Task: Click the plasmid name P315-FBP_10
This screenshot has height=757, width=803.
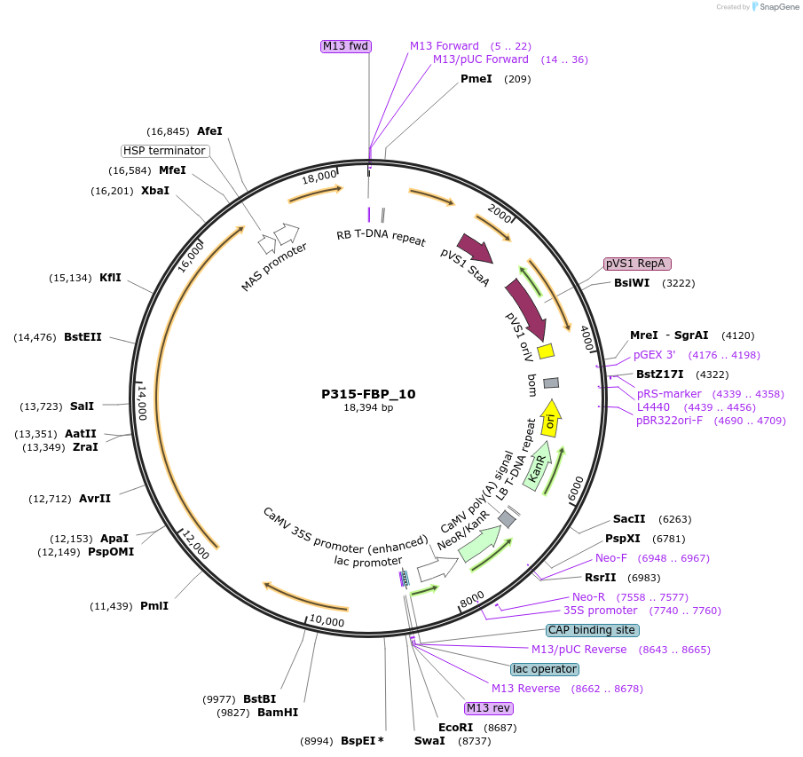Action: click(x=368, y=394)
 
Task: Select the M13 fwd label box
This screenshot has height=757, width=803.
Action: click(x=345, y=46)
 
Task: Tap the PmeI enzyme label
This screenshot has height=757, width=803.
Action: click(x=476, y=79)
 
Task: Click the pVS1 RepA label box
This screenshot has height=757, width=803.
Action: click(x=637, y=264)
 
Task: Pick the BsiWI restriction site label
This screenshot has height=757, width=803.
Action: click(x=632, y=283)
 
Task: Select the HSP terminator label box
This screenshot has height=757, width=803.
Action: click(x=164, y=151)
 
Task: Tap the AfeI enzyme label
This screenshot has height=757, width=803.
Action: click(x=209, y=130)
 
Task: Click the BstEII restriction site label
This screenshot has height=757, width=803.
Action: click(x=83, y=337)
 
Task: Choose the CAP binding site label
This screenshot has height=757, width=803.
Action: click(x=592, y=630)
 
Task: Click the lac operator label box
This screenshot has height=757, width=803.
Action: click(x=545, y=669)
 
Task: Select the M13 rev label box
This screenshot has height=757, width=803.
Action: click(x=489, y=707)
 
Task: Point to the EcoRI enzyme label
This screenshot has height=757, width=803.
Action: click(x=455, y=728)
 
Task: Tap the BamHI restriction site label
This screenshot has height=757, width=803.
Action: click(x=277, y=712)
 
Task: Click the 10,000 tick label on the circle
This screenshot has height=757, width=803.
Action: click(x=327, y=621)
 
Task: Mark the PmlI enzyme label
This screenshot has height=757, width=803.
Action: click(x=154, y=606)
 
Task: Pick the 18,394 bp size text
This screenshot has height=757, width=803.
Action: click(x=368, y=408)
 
